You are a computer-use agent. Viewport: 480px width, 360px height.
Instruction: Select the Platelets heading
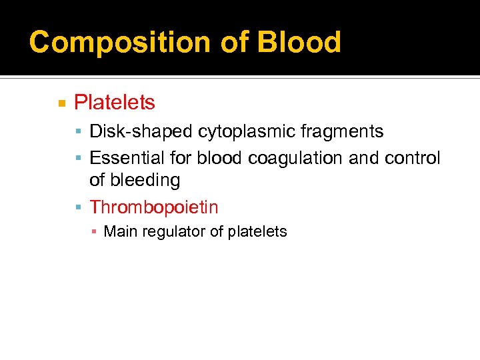click(114, 103)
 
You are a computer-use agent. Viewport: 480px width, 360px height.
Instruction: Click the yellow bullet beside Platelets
click(61, 103)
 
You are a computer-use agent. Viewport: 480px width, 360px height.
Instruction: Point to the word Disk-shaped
click(141, 132)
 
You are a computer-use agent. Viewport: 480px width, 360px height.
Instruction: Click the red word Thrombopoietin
click(153, 207)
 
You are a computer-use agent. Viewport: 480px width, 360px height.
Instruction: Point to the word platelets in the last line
click(257, 232)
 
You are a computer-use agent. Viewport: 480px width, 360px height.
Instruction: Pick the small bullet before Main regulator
click(95, 232)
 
